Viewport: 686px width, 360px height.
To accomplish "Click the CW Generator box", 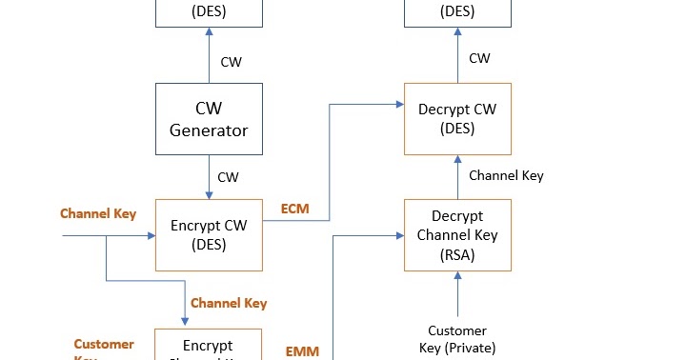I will [208, 118].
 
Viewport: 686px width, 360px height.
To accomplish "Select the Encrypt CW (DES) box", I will [208, 235].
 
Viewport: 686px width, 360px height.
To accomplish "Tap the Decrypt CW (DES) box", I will [457, 118].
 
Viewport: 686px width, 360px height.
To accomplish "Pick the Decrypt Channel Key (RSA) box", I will [457, 235].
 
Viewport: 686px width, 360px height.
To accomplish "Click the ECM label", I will [295, 207].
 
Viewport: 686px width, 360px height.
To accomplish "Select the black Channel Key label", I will [506, 176].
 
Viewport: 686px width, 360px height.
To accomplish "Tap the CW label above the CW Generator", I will [231, 62].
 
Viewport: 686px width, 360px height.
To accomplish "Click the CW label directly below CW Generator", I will [229, 177].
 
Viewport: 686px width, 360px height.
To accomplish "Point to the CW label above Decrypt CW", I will [480, 58].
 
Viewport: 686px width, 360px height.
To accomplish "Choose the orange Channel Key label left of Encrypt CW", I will [98, 213].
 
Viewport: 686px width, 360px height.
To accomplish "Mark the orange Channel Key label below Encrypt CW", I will [229, 303].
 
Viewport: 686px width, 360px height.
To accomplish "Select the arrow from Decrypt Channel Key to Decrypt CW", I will [457, 176].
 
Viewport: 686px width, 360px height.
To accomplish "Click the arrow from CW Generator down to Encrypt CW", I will [208, 177].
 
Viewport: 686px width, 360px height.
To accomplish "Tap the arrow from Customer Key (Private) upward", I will [457, 294].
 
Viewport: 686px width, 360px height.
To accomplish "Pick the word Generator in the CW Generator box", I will [208, 130].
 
